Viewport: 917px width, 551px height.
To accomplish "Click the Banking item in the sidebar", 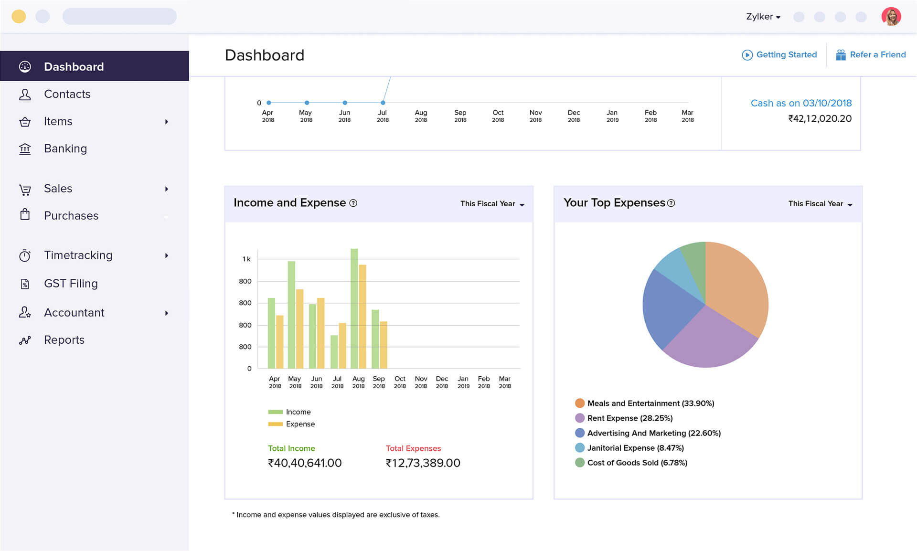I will (65, 148).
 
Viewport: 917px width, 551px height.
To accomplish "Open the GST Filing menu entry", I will (71, 284).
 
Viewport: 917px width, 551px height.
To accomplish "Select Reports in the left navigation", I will (64, 340).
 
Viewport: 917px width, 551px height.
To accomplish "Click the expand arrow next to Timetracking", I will (167, 256).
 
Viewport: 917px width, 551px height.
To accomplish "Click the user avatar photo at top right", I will (891, 17).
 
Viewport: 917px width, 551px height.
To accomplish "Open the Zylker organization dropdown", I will (763, 17).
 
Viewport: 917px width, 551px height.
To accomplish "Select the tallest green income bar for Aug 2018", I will (354, 308).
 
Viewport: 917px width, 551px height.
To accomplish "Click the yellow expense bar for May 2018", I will (300, 328).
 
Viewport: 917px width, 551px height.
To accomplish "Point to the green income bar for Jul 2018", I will (334, 352).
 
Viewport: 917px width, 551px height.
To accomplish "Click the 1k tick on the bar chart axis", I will (246, 259).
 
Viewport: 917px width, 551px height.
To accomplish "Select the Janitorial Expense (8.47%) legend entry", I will (635, 448).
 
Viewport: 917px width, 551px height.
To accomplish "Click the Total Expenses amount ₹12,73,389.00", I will (423, 463).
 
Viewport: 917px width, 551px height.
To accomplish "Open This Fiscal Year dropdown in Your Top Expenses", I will (820, 204).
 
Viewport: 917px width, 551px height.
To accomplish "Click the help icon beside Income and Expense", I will (353, 203).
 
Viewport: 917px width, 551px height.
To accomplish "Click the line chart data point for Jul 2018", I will (383, 103).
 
